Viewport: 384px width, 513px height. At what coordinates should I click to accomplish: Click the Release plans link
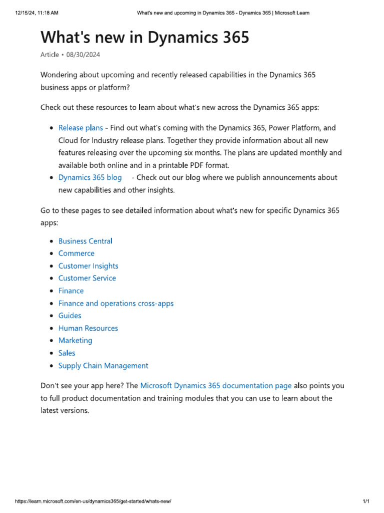80,128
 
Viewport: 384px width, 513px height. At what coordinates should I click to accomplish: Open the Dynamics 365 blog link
90,177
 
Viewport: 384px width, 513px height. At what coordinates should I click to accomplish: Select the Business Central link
85,241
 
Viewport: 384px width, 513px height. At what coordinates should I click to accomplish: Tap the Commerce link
76,253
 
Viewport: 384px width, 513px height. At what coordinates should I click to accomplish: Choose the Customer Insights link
88,266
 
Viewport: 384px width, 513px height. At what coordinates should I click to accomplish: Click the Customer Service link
87,278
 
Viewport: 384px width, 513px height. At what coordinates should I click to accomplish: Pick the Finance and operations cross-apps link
116,303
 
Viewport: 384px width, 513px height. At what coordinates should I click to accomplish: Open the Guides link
70,316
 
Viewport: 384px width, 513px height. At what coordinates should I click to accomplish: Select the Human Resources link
88,328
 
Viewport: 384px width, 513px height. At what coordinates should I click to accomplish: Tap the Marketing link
75,340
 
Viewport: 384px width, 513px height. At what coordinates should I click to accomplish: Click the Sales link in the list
67,353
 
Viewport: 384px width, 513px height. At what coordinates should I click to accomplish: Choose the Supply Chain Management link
103,366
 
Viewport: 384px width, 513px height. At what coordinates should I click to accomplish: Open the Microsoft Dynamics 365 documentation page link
216,386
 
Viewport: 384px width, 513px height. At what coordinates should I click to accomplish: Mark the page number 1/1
366,501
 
